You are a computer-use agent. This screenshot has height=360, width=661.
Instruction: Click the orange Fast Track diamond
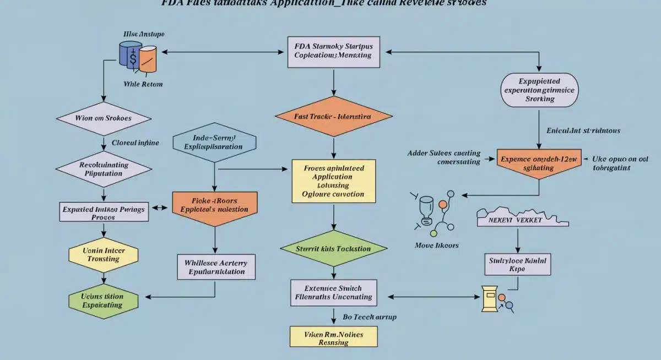[333, 117]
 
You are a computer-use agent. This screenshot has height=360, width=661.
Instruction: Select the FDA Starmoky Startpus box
[334, 51]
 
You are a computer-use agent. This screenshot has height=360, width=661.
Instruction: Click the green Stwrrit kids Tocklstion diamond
[333, 248]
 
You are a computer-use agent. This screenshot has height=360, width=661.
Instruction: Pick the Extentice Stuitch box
[333, 292]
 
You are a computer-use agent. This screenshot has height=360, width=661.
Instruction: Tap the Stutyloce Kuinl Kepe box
[518, 264]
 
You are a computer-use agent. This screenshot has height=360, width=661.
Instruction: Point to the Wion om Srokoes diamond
[104, 118]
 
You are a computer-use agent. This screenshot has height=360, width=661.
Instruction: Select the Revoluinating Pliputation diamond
[104, 168]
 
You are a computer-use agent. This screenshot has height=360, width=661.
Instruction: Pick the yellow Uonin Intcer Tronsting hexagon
[104, 254]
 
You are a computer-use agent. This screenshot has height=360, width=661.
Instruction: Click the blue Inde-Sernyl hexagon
[215, 143]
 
